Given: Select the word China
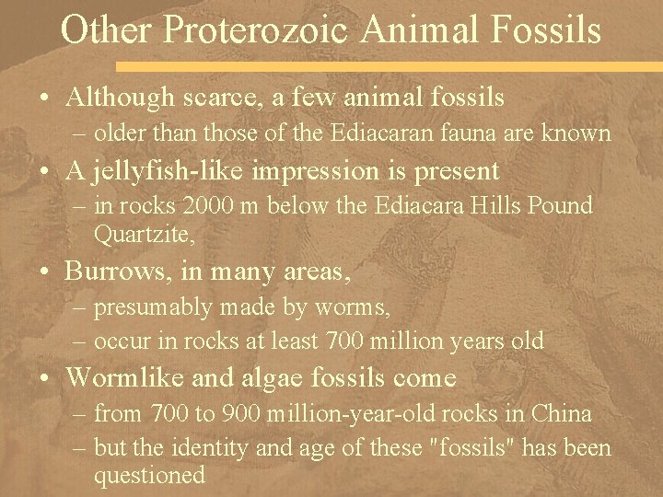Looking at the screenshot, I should pyautogui.click(x=560, y=413).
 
